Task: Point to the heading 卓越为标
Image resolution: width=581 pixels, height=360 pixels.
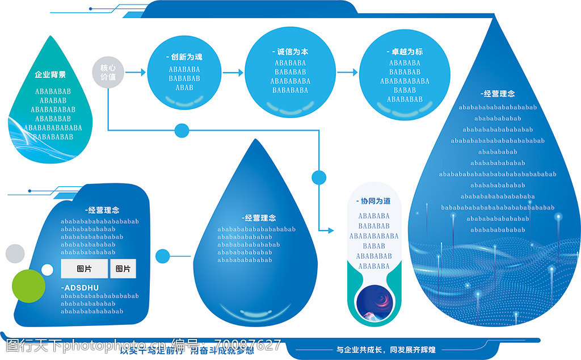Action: coord(403,52)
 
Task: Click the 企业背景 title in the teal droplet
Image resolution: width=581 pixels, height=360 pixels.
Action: coord(50,74)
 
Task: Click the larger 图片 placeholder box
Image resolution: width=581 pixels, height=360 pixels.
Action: coord(84,269)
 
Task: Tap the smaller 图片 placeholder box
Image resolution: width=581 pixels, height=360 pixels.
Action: coord(123,269)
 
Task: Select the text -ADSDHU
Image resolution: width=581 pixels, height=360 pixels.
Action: coord(81,288)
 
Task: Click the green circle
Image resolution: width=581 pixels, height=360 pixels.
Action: coord(28,285)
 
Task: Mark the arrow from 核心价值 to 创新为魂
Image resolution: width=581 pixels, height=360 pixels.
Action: coord(135,73)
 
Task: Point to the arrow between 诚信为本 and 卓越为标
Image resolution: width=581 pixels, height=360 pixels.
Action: coord(347,73)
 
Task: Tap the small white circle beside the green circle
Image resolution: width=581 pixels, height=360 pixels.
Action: coord(47,269)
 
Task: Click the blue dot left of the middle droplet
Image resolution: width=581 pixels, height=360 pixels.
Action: coord(163,256)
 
